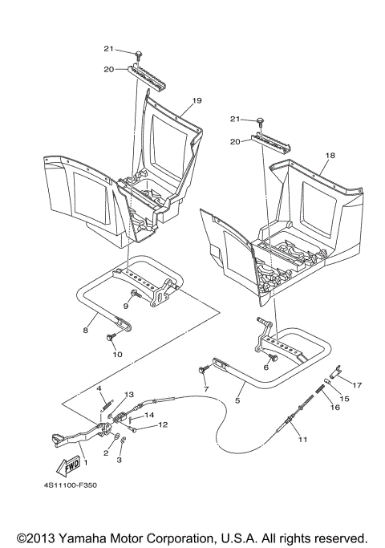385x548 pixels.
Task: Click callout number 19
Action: tap(196, 101)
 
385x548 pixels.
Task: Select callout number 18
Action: tap(330, 154)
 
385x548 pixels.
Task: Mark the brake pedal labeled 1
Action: tap(68, 437)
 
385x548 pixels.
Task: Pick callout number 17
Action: tap(358, 384)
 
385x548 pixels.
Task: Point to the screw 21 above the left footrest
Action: tap(140, 53)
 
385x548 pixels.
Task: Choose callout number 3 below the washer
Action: tap(120, 461)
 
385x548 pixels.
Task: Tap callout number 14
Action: tap(149, 415)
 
